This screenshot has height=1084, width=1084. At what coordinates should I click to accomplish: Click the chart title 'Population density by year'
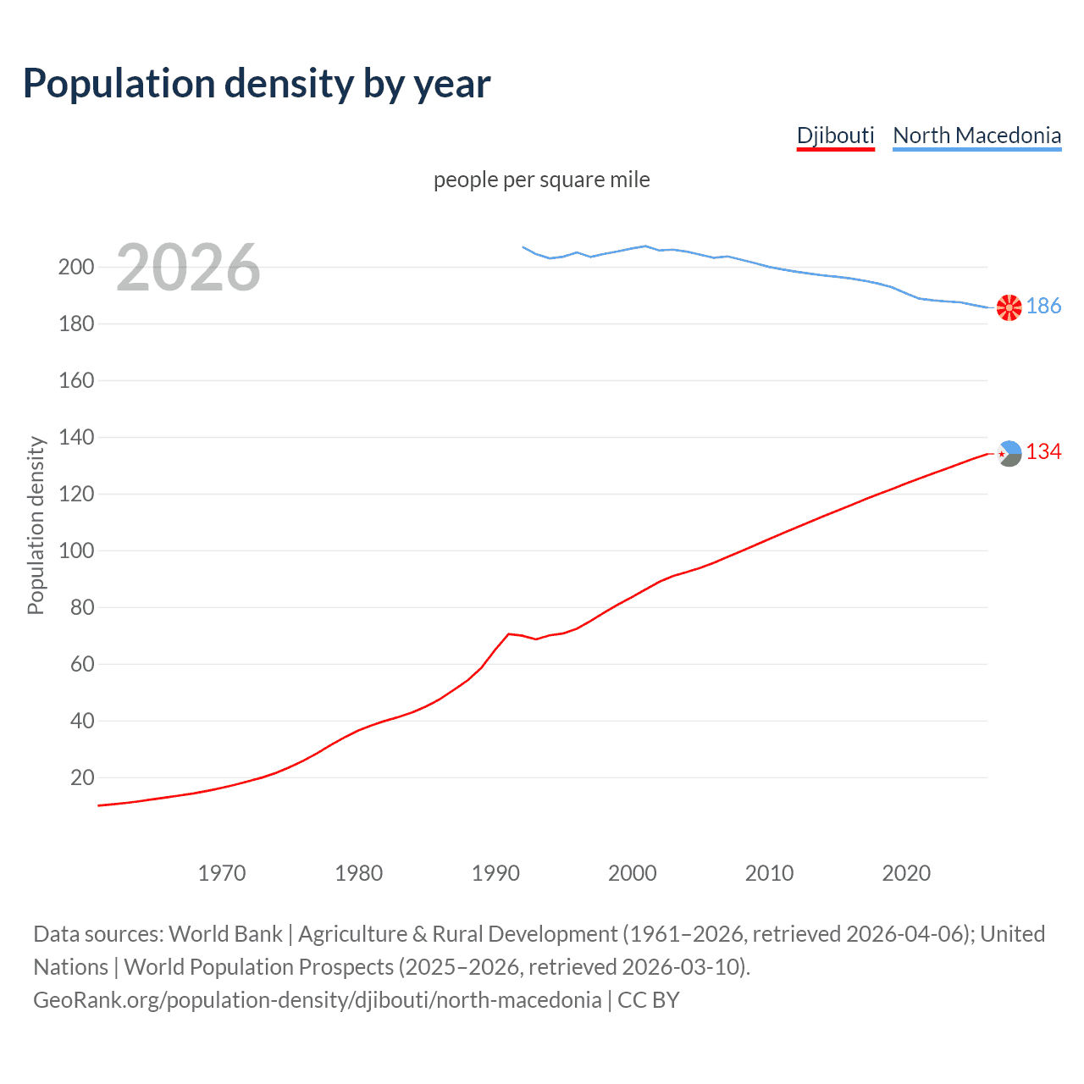click(x=257, y=84)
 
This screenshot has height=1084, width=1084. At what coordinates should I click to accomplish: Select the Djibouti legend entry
click(x=835, y=135)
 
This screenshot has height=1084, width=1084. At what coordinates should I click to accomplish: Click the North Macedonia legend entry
click(x=976, y=135)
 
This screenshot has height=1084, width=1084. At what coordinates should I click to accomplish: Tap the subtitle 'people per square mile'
click(x=541, y=180)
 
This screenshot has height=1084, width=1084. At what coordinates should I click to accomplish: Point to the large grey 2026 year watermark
click(x=188, y=268)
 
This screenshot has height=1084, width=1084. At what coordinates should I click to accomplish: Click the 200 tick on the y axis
click(x=76, y=268)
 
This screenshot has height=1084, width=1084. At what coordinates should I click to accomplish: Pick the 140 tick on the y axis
click(x=76, y=438)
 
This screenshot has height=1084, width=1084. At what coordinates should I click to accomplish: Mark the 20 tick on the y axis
click(x=82, y=777)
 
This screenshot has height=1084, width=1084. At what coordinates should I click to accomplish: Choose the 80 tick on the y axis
click(x=82, y=607)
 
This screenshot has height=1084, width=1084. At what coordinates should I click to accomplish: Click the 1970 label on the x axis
click(x=222, y=873)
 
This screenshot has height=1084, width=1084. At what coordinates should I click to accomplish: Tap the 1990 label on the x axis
click(x=495, y=873)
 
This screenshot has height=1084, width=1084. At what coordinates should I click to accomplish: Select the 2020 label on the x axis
click(x=906, y=873)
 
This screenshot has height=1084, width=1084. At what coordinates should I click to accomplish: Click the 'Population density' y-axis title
click(x=36, y=525)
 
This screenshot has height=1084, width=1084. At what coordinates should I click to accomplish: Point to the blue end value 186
click(x=1043, y=307)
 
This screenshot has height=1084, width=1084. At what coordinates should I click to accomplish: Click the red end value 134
click(x=1043, y=452)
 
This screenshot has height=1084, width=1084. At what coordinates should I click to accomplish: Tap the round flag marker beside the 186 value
click(x=1009, y=307)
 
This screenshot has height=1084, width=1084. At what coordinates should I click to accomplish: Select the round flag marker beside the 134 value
click(x=1009, y=453)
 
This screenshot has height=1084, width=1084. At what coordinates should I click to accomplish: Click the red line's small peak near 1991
click(x=508, y=633)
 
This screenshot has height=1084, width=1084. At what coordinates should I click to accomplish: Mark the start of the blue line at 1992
click(x=523, y=247)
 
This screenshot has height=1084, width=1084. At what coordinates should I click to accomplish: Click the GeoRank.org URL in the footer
click(x=318, y=1000)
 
